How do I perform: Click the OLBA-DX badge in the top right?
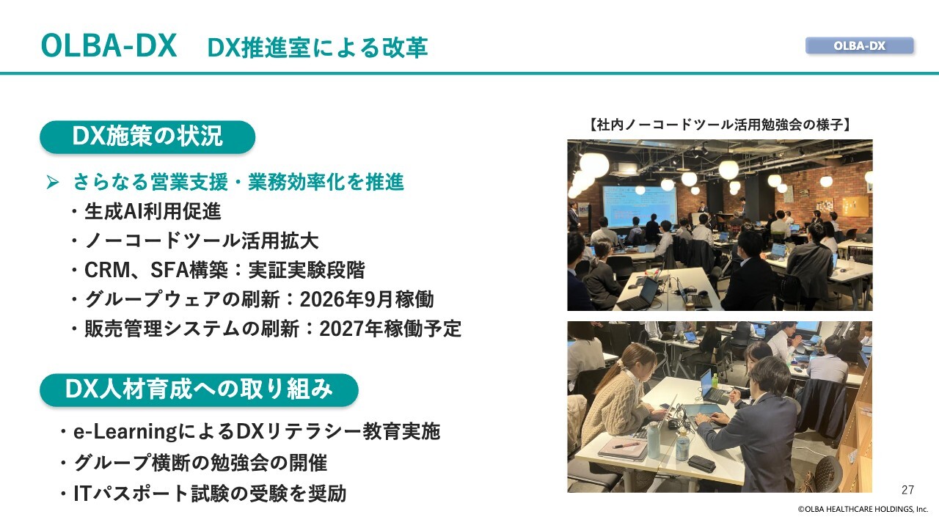coord(859,45)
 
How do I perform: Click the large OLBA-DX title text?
coord(109,45)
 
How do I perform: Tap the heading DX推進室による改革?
coord(318,48)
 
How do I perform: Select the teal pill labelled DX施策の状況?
coord(147,136)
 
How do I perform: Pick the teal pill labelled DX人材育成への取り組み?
coord(199,389)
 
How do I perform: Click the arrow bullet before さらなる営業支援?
coord(52,183)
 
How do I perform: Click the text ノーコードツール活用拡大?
coord(202,241)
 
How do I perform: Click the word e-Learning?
coord(125,432)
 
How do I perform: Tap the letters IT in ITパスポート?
coord(82,494)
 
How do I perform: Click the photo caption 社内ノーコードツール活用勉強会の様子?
coord(720,125)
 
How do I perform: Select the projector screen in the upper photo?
coord(639,206)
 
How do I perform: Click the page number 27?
coord(907,490)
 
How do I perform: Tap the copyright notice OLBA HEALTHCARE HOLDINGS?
coord(863,509)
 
